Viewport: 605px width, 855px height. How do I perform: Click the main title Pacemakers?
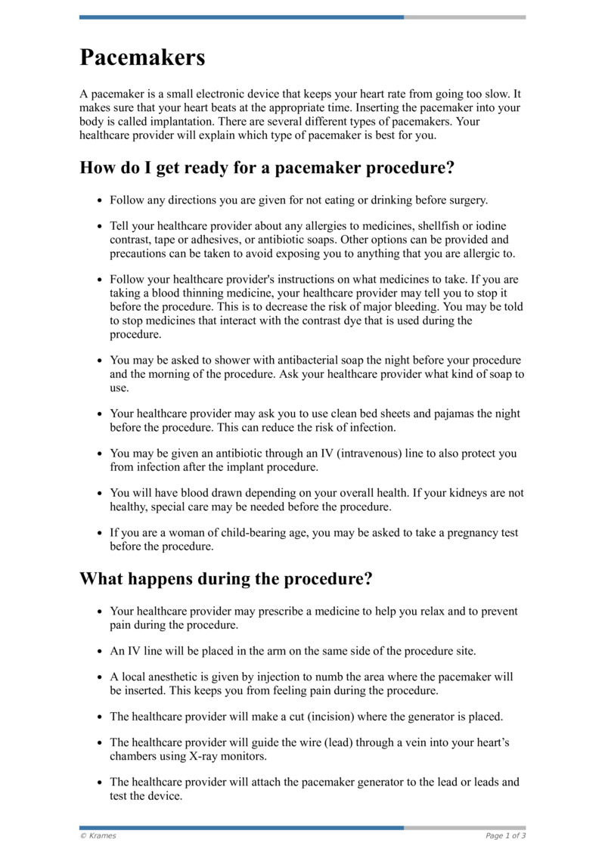pos(142,57)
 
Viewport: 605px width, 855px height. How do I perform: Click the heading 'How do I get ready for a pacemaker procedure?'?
pos(267,167)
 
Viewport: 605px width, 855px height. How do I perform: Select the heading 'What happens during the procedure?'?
pos(226,579)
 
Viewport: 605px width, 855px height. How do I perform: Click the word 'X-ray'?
pos(198,756)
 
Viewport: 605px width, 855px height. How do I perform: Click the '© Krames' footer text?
pos(98,835)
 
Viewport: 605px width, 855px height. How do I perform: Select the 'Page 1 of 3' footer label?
pos(505,835)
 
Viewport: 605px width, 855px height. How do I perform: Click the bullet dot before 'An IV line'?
pos(101,651)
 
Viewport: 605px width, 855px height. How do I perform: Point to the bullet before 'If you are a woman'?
pos(101,534)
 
